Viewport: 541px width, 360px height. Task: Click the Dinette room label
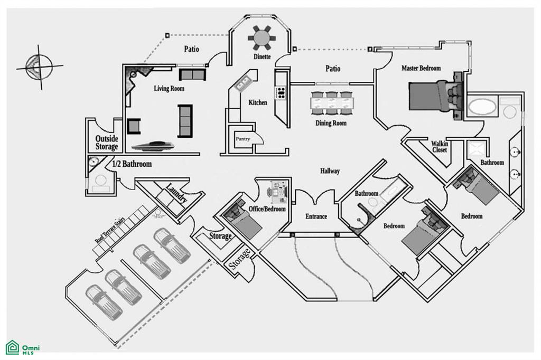(x=262, y=56)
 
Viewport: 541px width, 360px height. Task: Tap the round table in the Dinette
(x=262, y=38)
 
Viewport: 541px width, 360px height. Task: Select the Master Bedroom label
(x=421, y=68)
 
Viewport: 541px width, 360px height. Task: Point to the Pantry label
(x=243, y=139)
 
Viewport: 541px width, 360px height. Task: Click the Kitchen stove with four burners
(x=280, y=93)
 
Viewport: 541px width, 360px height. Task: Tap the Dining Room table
(x=332, y=103)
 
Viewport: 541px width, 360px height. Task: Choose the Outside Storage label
(x=107, y=143)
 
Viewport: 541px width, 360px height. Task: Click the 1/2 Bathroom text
(x=132, y=164)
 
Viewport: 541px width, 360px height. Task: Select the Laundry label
(x=176, y=193)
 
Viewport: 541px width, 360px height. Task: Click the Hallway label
(x=330, y=170)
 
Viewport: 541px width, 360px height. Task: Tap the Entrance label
(x=316, y=216)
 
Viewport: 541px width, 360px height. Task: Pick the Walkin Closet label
(x=439, y=147)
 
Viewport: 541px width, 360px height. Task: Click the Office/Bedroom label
(x=267, y=209)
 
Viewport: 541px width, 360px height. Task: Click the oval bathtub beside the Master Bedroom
(x=482, y=107)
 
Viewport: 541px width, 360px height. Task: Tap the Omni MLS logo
(x=22, y=347)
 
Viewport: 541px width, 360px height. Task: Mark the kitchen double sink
(x=244, y=83)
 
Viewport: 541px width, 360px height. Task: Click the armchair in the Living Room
(x=134, y=126)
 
